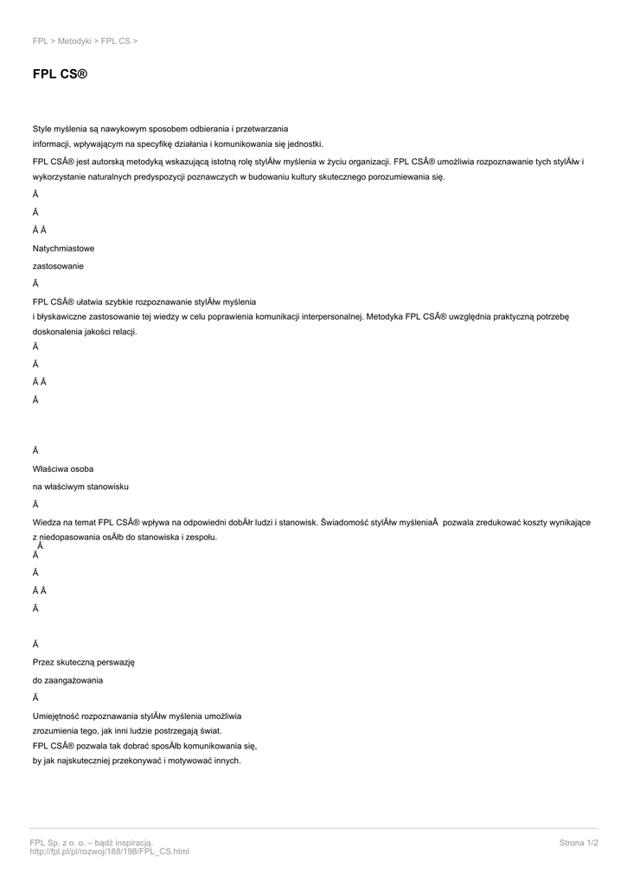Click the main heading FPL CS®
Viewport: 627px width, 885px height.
(x=61, y=75)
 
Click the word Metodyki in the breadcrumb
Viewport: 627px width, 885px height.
(x=74, y=41)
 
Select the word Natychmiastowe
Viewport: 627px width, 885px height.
(x=64, y=248)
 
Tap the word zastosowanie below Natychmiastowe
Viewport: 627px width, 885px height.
(x=58, y=265)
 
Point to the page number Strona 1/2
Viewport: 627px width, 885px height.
(x=579, y=842)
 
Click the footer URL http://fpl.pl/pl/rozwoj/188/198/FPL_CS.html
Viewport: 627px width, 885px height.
(x=109, y=851)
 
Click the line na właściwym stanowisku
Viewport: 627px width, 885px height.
(x=81, y=486)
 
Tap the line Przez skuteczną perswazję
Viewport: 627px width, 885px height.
(x=83, y=662)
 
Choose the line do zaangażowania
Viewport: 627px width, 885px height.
(x=67, y=680)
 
